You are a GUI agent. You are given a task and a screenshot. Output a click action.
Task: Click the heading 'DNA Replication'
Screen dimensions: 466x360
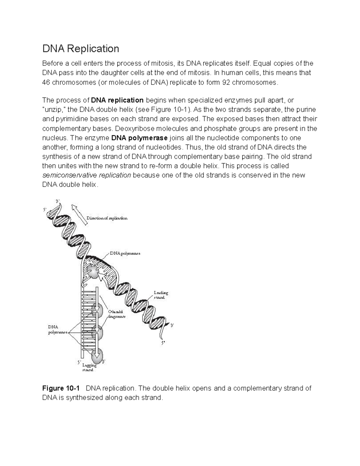coord(80,49)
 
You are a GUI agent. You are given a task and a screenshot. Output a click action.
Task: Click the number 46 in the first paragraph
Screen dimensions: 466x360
coord(46,83)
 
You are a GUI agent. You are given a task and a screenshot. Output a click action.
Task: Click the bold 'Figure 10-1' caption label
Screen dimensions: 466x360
coord(61,388)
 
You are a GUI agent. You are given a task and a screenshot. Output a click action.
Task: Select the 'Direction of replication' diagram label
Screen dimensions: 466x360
coord(107,218)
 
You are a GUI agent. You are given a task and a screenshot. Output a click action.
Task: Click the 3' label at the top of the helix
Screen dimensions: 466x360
coord(58,201)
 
